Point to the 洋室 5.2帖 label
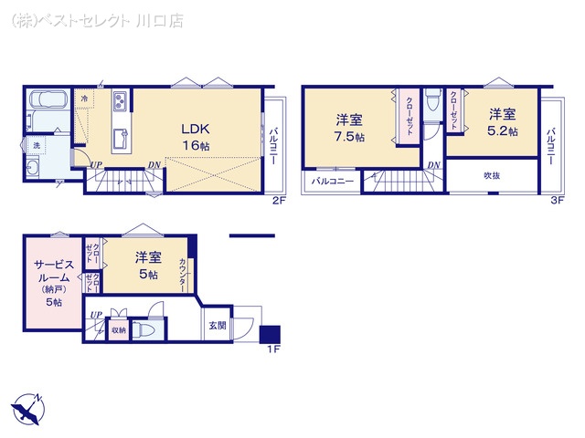click(x=502, y=122)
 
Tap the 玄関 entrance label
click(x=217, y=325)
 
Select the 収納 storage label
click(x=118, y=331)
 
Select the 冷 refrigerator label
click(x=84, y=98)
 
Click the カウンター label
click(x=183, y=274)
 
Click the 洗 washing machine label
click(x=37, y=145)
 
